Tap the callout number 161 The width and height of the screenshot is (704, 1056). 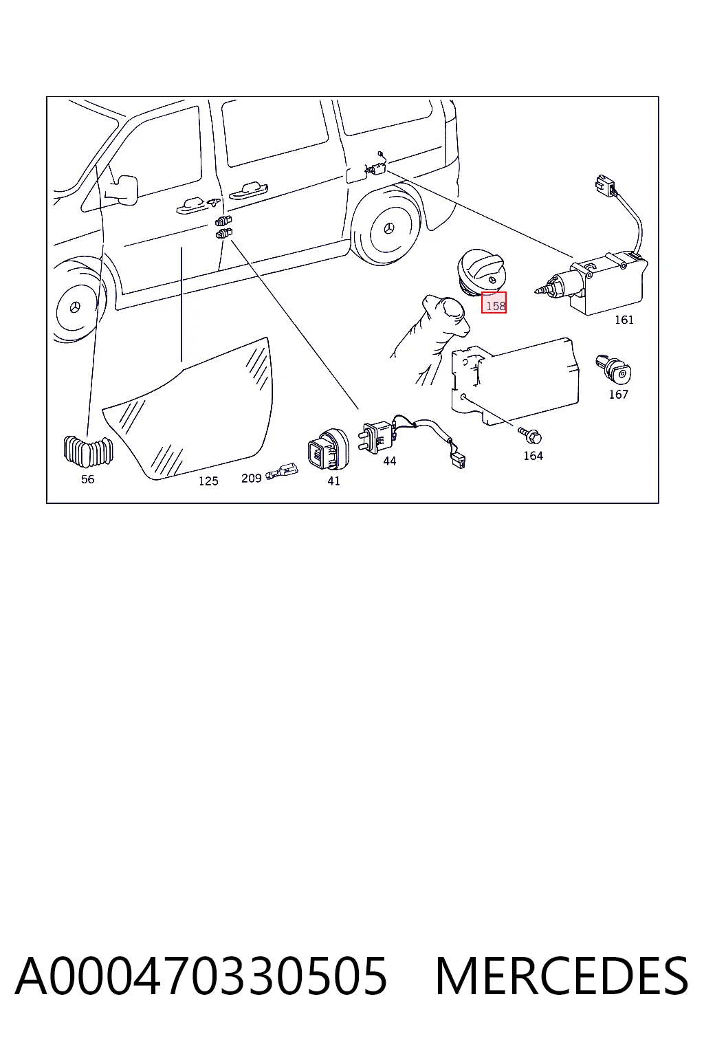[624, 320]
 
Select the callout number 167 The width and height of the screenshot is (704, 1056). [618, 394]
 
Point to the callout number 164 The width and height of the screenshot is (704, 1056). [533, 455]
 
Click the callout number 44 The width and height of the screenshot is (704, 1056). [390, 461]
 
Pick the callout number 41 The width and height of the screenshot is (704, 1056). [333, 481]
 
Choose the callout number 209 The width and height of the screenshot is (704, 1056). [252, 478]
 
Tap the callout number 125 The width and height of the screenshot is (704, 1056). [208, 481]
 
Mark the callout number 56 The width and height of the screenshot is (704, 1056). [88, 479]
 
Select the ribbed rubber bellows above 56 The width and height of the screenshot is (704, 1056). [88, 451]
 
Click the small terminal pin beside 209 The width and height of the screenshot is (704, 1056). [281, 473]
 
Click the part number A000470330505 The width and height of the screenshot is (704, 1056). [201, 976]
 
